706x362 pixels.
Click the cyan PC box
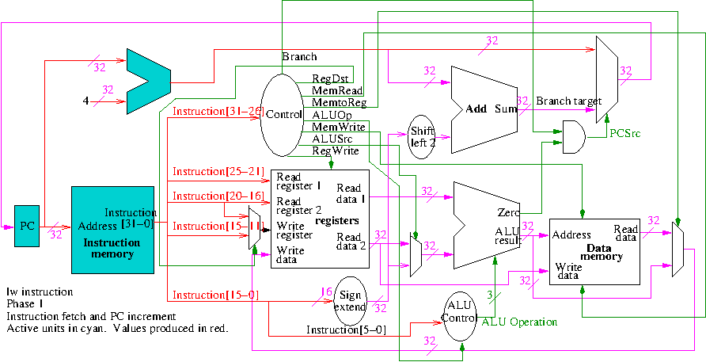27,225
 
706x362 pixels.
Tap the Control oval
282,115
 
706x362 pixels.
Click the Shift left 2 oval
423,137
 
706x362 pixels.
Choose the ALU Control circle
459,313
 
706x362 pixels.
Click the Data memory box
595,250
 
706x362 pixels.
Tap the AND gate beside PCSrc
572,137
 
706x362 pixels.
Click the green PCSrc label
624,132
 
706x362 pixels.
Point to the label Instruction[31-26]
218,112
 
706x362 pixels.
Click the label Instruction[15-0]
211,295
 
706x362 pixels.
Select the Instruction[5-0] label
347,330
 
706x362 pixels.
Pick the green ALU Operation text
519,322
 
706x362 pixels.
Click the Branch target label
569,101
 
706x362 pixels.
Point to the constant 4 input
86,101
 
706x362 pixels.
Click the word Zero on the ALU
508,214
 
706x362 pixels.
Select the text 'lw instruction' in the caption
39,292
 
